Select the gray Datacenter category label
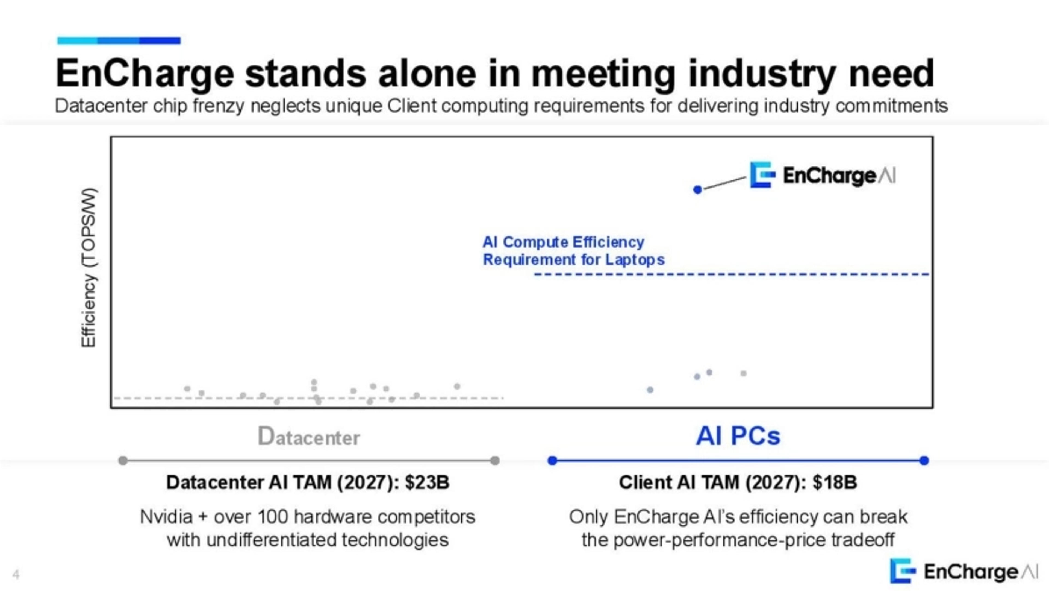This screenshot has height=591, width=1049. [x=309, y=437]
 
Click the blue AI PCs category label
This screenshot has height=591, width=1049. [x=738, y=436]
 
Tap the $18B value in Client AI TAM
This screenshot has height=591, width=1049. [x=835, y=482]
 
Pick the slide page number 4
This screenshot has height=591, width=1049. [x=16, y=575]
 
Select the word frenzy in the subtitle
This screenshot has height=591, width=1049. [x=218, y=106]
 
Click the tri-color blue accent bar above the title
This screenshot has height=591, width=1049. [x=119, y=40]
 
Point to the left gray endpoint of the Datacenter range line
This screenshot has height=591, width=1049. [x=123, y=461]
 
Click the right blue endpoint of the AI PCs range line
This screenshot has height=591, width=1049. [x=924, y=461]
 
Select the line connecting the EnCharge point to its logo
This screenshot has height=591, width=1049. [x=724, y=183]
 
